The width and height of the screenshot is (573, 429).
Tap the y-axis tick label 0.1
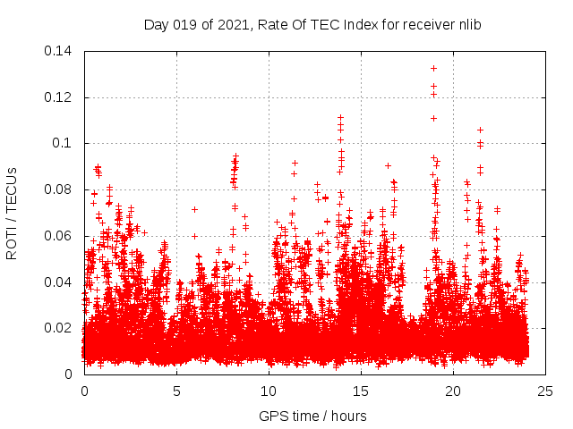pos(65,143)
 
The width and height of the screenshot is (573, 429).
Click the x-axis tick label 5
pos(176,391)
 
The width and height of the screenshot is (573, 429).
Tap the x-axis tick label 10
pos(269,391)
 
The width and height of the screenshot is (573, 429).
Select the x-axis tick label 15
pos(361,391)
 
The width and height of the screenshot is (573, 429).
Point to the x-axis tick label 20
pos(453,391)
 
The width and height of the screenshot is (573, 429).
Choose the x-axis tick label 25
pos(545,391)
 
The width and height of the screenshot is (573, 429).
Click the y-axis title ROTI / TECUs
pos(13,213)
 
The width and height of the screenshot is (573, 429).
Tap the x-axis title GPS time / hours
pos(312,416)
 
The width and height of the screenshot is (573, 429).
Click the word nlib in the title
pos(468,25)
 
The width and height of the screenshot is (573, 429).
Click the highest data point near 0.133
pos(433,68)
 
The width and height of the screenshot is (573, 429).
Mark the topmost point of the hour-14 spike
pos(340,117)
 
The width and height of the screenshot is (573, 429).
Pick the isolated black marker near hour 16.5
pos(388,165)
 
